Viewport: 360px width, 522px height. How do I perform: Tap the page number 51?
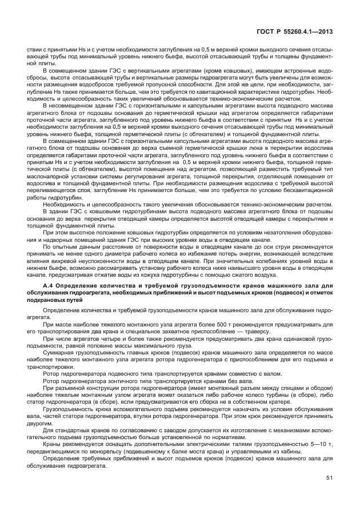coord(329,477)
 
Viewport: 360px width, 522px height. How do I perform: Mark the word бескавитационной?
coord(303,192)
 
